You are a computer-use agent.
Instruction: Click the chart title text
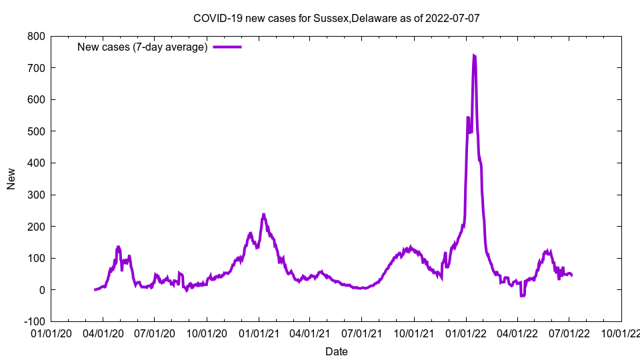pos(336,18)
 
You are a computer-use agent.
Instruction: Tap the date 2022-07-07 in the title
pos(452,18)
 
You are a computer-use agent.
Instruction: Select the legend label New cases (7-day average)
pos(143,47)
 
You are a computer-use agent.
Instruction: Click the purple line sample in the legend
pos(227,47)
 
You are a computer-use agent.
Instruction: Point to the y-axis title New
pos(11,179)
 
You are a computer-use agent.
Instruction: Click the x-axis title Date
pos(336,351)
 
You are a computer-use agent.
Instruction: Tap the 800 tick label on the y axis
pos(36,36)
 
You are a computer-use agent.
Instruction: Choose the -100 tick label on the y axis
pos(33,321)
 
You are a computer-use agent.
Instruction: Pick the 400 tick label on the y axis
pos(36,163)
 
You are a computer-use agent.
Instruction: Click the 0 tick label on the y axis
pos(41,290)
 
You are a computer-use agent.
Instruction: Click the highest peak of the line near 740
pos(474,55)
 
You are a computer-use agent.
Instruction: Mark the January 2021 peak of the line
pos(263,215)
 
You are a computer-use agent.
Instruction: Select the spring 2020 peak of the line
pos(119,247)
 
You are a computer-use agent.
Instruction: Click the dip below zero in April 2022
pos(522,295)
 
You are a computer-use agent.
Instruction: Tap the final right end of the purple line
pos(571,275)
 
